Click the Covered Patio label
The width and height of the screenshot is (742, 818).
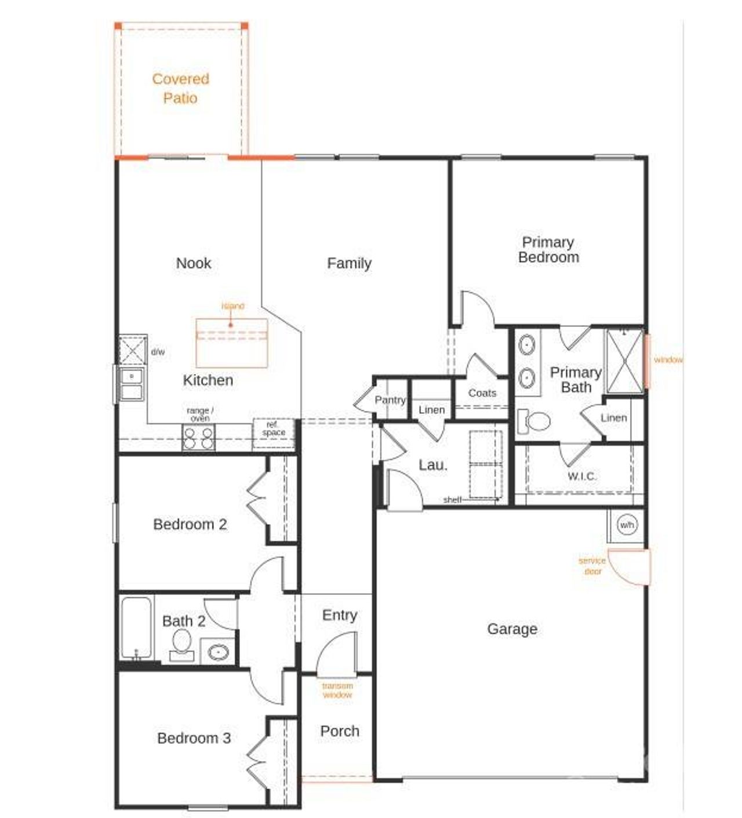coord(180,88)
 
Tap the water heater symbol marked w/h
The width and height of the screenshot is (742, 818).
coord(627,525)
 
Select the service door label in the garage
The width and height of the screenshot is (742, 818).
coord(592,566)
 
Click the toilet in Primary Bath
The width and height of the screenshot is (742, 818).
coord(535,421)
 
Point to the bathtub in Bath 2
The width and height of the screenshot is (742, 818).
coord(136,628)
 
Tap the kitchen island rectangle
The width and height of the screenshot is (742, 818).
coord(232,343)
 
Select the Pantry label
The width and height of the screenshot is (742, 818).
coord(390,400)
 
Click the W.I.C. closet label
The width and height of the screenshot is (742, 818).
coord(581,476)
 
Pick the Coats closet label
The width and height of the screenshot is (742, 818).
coord(482,393)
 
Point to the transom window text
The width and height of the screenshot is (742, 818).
coord(337,690)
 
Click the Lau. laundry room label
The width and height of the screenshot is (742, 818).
coord(433,465)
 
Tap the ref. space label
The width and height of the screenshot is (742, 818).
coord(274,429)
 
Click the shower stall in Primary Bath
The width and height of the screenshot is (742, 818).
coord(624,361)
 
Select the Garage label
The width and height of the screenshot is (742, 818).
coord(512,629)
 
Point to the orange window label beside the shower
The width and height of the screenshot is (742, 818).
coord(668,360)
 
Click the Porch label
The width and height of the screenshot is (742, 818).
coord(340,732)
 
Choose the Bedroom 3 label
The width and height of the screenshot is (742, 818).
coord(194,739)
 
